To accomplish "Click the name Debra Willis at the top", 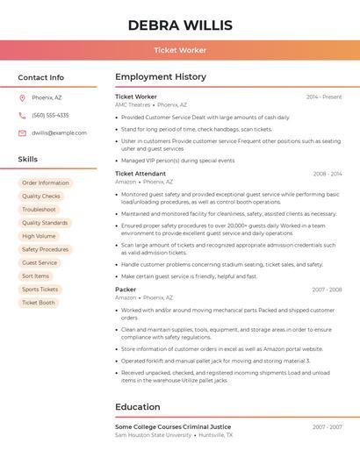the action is coord(179,25).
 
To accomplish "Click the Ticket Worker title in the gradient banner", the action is coord(179,51).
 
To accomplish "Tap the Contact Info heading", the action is coord(41,77).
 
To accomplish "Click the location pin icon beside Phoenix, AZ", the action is coord(22,97).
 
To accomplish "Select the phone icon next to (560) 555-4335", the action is coord(22,115).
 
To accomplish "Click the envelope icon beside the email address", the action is coord(22,132).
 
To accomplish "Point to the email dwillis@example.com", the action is coord(59,132).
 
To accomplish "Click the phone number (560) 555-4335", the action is coord(50,115).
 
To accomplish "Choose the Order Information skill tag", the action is coord(45,183).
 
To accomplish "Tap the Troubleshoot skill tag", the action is coord(39,210).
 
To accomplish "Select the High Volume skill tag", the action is coord(39,236).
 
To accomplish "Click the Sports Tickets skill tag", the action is coord(40,289).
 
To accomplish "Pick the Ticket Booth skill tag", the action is coord(38,303).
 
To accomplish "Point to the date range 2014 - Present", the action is coord(323,97).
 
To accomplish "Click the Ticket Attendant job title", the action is coord(140,174).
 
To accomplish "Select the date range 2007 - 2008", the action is coord(327,289).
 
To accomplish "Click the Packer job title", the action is coord(126,289).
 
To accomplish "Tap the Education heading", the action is coord(137,407).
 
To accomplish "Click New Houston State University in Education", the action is coord(153,435).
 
